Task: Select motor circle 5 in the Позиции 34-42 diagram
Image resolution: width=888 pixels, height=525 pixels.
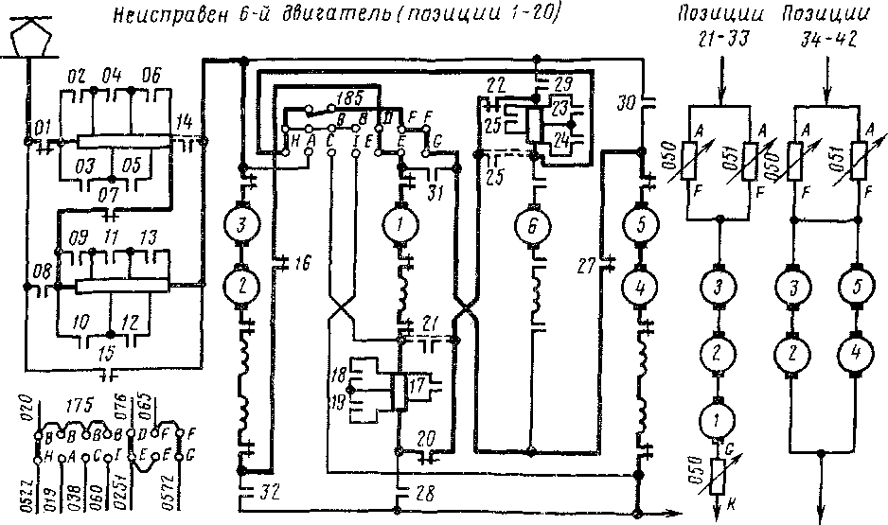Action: [857, 287]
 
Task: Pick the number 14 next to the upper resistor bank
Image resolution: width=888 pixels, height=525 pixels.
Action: [186, 120]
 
